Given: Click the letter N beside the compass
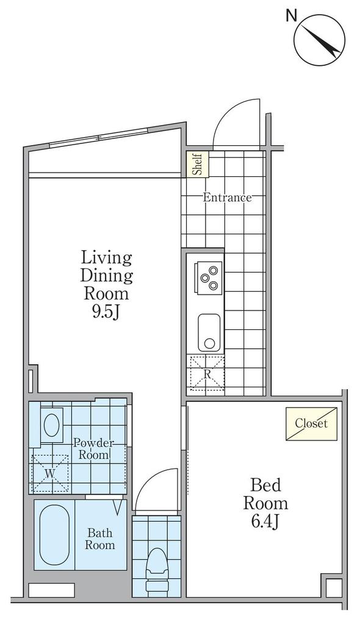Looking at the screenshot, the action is coord(292,15).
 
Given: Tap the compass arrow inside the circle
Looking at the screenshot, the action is coord(320,40).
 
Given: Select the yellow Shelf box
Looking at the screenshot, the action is coord(198,164).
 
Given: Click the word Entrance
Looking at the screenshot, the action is coord(228,198).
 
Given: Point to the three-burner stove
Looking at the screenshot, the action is coord(208,277).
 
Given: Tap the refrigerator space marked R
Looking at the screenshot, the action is coord(207,373).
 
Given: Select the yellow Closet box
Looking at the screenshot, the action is coord(311,423).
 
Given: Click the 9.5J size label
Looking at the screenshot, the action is coord(106,312).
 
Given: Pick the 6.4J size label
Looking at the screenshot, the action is coord(265,522).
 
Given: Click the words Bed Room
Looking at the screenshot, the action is coord(265,494).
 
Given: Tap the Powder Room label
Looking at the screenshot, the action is coord(94,448).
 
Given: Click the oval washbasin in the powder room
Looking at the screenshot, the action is coord(51,425).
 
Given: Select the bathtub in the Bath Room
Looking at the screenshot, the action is coord(54,535).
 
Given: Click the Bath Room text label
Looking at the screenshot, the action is coord(99,539).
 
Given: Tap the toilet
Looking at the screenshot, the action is coord(156,570).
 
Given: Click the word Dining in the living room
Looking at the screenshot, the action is coord(107,275).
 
